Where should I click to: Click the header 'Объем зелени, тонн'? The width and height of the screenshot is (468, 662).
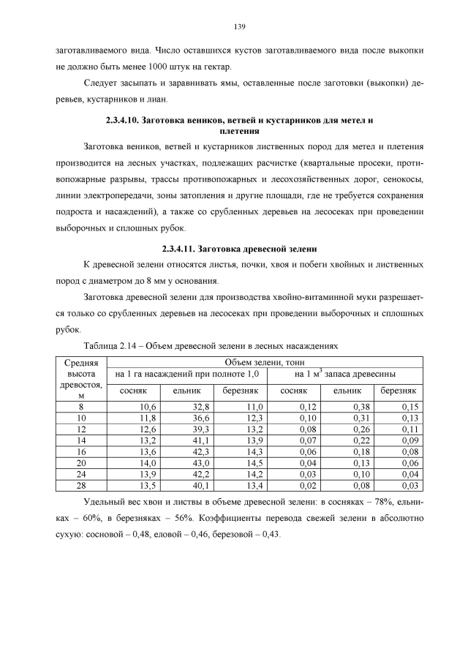265,362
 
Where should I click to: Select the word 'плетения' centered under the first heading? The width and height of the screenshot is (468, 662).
239,132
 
